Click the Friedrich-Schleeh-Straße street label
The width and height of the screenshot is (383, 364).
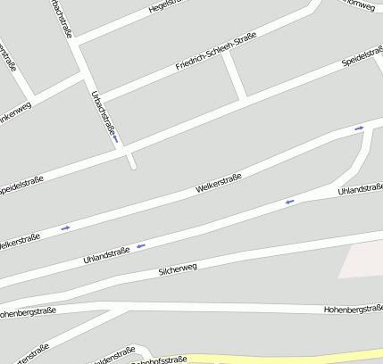point(215,51)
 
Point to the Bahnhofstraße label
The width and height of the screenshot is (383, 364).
point(159,360)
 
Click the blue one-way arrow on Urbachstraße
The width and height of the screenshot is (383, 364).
point(115,138)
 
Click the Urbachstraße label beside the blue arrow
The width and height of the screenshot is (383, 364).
point(104,114)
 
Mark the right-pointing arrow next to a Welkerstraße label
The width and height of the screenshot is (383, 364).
point(65,228)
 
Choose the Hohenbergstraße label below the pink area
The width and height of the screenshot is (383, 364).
point(353,308)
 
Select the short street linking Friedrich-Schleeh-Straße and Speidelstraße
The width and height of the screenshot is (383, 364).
point(235,75)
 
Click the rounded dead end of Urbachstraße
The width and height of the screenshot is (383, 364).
point(132,165)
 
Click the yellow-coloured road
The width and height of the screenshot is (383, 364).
point(268,358)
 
